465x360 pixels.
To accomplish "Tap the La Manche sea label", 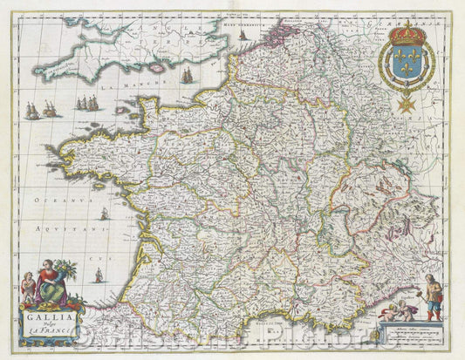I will [120, 87].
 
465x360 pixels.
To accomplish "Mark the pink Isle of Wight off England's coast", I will [158, 67].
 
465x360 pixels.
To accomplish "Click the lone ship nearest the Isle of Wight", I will [187, 78].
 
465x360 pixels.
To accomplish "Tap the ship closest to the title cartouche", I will [98, 275].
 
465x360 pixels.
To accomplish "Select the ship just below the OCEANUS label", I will [104, 214].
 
